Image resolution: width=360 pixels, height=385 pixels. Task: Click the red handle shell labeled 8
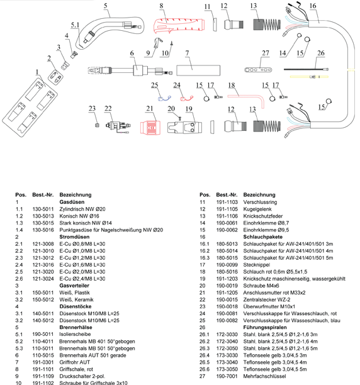pyautogui.click(x=179, y=26)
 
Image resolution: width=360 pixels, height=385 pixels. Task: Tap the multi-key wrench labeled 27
pyautogui.click(x=258, y=70)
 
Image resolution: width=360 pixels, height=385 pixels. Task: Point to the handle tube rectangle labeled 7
pyautogui.click(x=198, y=70)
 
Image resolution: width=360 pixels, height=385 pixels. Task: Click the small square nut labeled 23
pyautogui.click(x=97, y=125)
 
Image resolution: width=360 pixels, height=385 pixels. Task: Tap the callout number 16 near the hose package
pyautogui.click(x=313, y=6)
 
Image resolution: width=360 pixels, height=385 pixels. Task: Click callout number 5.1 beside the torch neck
pyautogui.click(x=75, y=25)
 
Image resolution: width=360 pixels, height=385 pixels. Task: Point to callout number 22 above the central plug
pyautogui.click(x=108, y=109)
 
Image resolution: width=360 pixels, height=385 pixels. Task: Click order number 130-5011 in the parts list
pyautogui.click(x=43, y=209)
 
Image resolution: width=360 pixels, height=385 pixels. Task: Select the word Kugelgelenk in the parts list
pyautogui.click(x=257, y=209)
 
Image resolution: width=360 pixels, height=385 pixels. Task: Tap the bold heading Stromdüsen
pyautogui.click(x=74, y=237)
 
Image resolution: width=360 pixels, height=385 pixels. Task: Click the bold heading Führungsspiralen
pyautogui.click(x=265, y=327)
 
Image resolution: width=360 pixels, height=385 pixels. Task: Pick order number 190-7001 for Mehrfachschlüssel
pyautogui.click(x=227, y=376)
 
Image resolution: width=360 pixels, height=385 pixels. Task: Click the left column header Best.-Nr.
pyautogui.click(x=43, y=195)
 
